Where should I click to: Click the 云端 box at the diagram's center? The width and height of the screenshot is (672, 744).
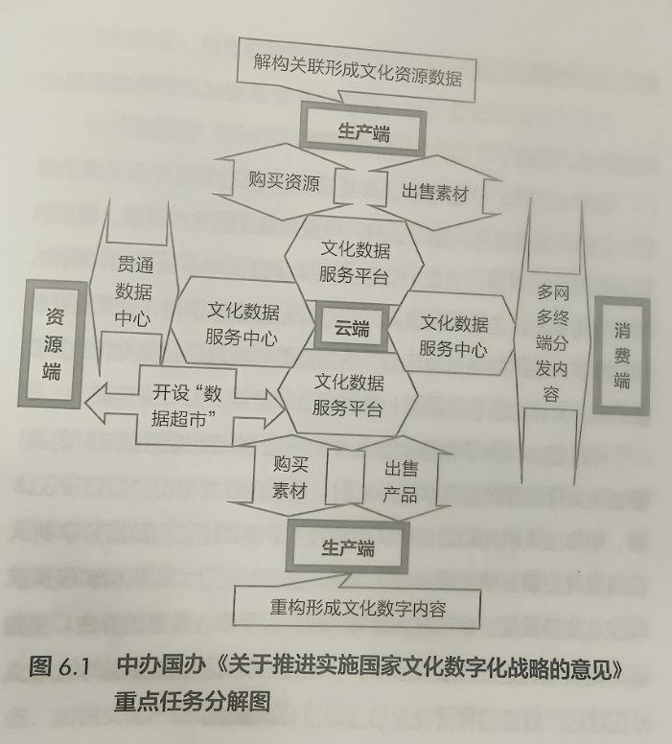pyautogui.click(x=351, y=328)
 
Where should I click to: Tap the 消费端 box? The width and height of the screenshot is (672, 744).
pyautogui.click(x=622, y=356)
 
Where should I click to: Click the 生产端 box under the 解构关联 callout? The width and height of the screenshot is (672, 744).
pyautogui.click(x=363, y=130)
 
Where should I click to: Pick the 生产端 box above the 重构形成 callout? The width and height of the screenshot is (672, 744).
pyautogui.click(x=347, y=546)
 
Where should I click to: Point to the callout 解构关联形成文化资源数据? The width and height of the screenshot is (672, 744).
pyautogui.click(x=357, y=70)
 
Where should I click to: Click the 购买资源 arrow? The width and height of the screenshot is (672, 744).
pyautogui.click(x=284, y=182)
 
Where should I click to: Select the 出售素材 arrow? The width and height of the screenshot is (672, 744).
pyautogui.click(x=434, y=192)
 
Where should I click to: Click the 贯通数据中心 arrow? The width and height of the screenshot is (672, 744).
pyautogui.click(x=134, y=290)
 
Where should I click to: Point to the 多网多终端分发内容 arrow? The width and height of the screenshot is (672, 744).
pyautogui.click(x=553, y=341)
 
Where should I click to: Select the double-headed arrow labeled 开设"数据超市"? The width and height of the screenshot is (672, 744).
pyautogui.click(x=186, y=406)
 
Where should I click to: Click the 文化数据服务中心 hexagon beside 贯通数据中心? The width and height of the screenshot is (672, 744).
pyautogui.click(x=242, y=324)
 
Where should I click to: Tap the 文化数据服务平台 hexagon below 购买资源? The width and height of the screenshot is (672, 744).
pyautogui.click(x=354, y=261)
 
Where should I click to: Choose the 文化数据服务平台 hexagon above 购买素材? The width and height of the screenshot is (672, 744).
pyautogui.click(x=348, y=395)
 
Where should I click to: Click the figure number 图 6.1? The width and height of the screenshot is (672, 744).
pyautogui.click(x=59, y=666)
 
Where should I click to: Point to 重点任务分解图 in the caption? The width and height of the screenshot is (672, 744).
pyautogui.click(x=192, y=702)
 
